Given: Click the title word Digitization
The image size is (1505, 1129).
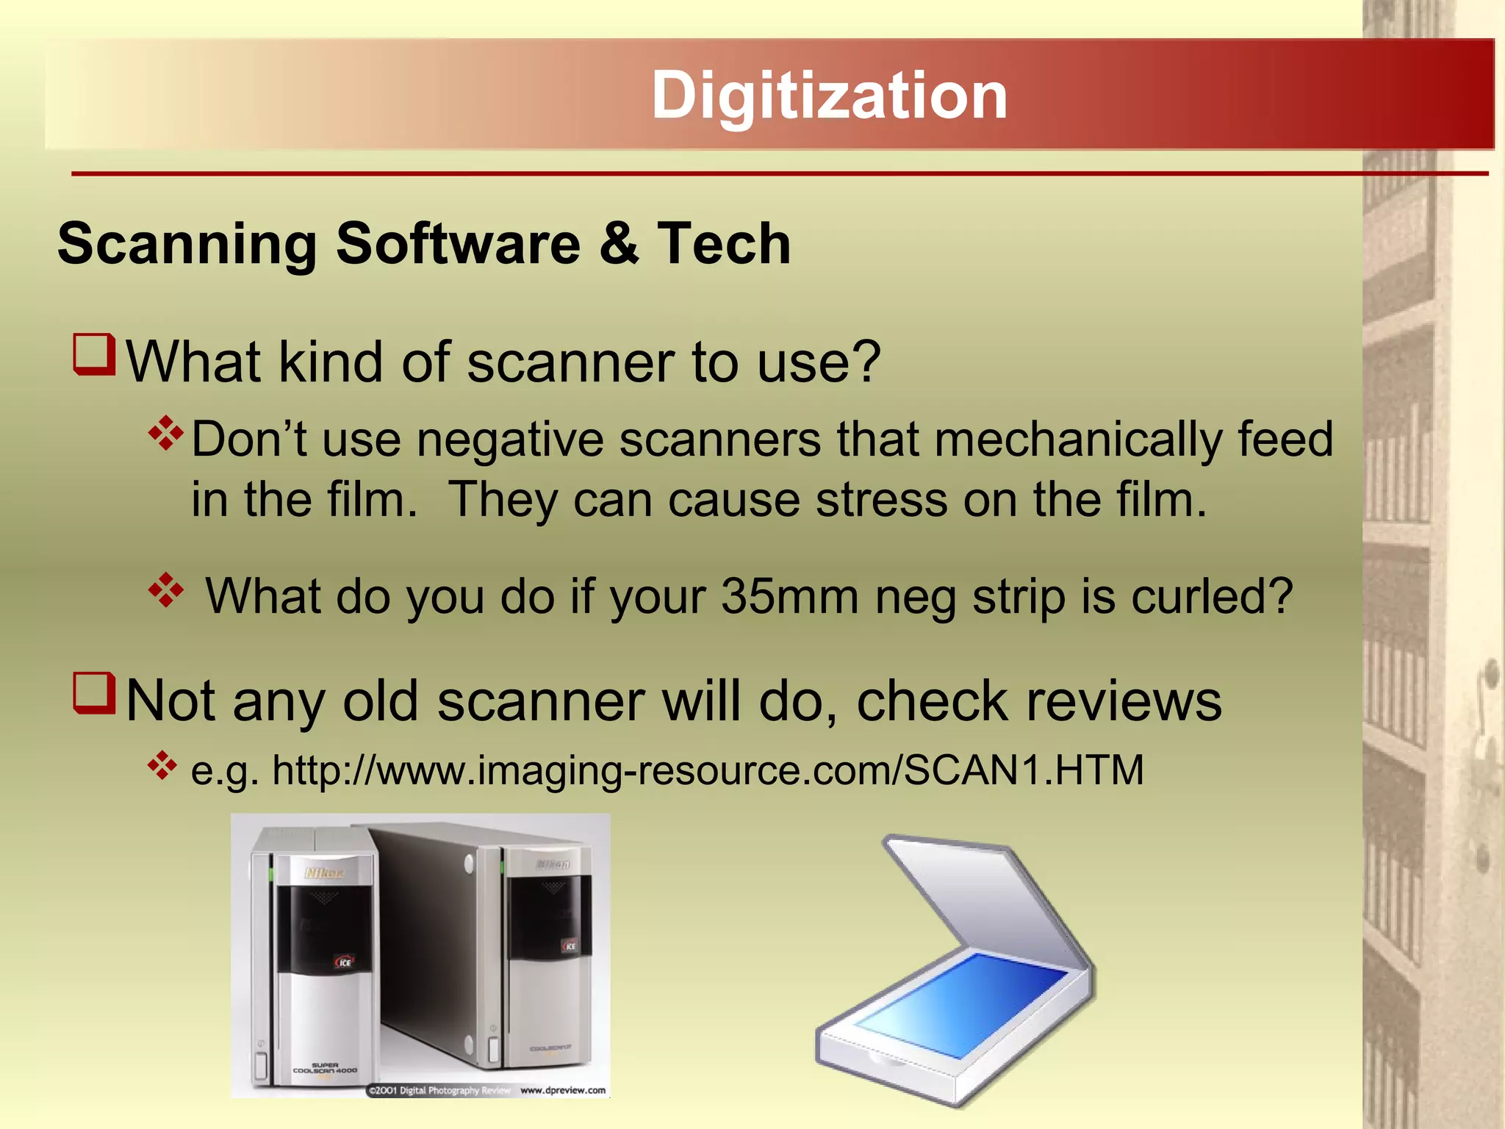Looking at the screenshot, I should (829, 96).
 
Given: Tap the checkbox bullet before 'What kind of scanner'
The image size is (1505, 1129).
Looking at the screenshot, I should (95, 354).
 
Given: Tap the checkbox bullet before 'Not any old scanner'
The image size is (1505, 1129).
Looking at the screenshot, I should (95, 693).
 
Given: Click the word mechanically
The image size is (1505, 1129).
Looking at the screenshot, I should (1078, 440).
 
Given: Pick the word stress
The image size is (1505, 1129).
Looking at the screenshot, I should (882, 500).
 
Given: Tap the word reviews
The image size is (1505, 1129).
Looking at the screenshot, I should (1124, 701).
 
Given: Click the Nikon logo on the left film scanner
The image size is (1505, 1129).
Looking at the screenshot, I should (324, 873).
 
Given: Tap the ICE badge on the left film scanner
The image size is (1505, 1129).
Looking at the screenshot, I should (344, 962).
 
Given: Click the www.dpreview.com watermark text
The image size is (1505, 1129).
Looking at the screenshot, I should (563, 1090).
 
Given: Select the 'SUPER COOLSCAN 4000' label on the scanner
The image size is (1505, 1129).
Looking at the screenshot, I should (325, 1068).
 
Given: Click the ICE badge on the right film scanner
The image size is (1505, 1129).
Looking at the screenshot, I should (570, 946).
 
